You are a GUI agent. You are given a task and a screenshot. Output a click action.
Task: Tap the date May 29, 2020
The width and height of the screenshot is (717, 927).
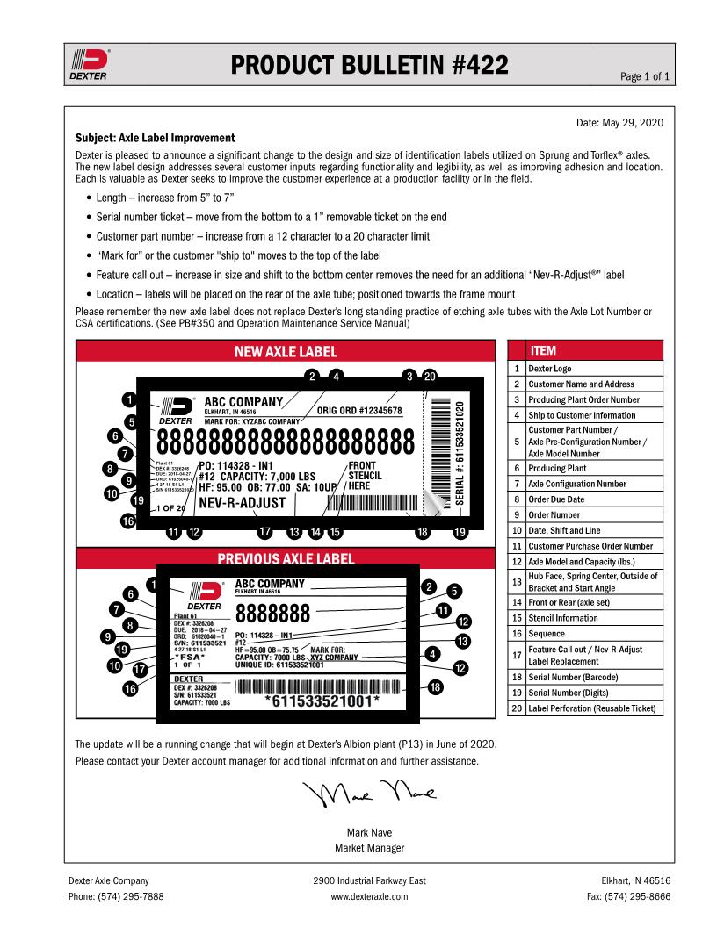click(x=619, y=123)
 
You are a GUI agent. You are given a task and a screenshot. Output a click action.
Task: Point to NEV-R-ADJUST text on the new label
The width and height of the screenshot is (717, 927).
click(x=243, y=503)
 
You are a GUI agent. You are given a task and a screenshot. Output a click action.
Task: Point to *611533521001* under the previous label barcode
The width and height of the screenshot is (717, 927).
click(x=322, y=701)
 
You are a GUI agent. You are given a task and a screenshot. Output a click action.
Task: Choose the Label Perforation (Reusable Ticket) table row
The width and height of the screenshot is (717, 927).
click(x=594, y=708)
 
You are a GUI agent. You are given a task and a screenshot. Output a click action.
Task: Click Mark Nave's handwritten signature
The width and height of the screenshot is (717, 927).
click(x=369, y=794)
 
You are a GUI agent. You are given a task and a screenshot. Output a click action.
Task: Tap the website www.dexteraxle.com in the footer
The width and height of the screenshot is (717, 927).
click(x=369, y=897)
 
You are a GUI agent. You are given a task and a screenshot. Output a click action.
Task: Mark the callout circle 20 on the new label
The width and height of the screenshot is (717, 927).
click(x=429, y=376)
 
